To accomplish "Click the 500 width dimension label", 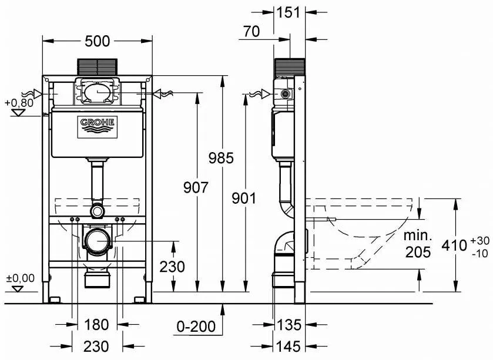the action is click(x=98, y=41).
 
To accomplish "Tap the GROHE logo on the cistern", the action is click(x=98, y=127).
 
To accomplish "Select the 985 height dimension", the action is click(x=221, y=158).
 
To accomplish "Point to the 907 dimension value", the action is click(x=196, y=187).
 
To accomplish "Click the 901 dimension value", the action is click(x=244, y=198).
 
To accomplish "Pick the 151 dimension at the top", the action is click(x=289, y=12).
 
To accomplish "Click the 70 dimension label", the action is click(x=251, y=31).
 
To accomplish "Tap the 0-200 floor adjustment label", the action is click(x=196, y=327).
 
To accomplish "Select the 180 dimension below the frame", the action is click(x=96, y=325).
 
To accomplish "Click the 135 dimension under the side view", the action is click(x=289, y=325).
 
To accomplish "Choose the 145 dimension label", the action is click(x=289, y=346).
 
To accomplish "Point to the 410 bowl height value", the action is click(x=454, y=245).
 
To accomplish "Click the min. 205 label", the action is click(x=418, y=244).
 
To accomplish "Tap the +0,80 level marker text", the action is click(x=19, y=102).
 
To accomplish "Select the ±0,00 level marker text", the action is click(x=21, y=278).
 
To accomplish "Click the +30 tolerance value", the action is click(x=480, y=241).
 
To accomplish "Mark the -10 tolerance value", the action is click(x=480, y=253).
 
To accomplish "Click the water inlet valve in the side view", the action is click(x=285, y=93).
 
